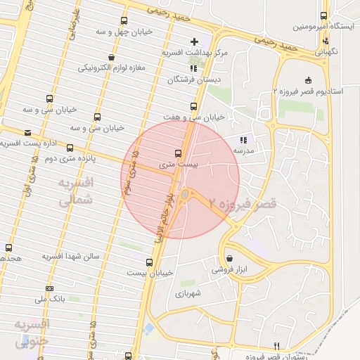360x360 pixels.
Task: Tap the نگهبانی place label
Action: [x=326, y=51]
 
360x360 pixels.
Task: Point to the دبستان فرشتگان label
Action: [x=193, y=80]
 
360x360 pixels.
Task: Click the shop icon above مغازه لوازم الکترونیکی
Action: [x=111, y=57]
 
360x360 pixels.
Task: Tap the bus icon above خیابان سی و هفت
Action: [x=193, y=105]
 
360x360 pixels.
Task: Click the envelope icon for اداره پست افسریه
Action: [x=27, y=132]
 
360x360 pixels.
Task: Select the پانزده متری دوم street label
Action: [x=70, y=159]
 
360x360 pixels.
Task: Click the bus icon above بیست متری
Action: [x=176, y=152]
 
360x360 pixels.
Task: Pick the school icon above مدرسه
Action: [x=243, y=140]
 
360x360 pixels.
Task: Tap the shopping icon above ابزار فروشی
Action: [x=230, y=257]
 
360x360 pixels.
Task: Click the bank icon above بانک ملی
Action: [x=49, y=288]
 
